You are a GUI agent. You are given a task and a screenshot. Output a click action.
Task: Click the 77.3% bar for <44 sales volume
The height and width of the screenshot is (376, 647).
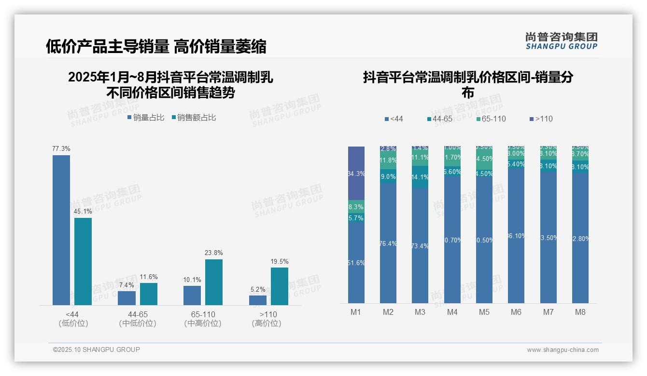pos(61,230)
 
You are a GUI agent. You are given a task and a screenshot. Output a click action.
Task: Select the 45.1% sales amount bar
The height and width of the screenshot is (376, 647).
pos(83,261)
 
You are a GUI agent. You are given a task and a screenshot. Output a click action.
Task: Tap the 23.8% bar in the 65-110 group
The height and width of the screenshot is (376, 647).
pos(214,282)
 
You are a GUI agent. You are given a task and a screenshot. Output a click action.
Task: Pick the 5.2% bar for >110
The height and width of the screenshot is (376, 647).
pos(258,300)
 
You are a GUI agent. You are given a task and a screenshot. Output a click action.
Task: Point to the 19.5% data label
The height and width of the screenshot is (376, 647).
pos(280,262)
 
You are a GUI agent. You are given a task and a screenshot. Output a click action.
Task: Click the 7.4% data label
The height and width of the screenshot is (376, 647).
pos(127,285)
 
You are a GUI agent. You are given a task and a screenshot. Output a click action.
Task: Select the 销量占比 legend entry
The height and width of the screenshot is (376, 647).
pos(146,118)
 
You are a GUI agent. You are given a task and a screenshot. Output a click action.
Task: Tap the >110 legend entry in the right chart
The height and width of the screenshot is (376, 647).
pos(540,119)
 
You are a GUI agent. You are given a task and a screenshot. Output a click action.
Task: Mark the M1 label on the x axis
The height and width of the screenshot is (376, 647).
pos(356,312)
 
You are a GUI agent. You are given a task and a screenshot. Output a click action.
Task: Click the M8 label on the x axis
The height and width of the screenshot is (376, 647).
pos(580,312)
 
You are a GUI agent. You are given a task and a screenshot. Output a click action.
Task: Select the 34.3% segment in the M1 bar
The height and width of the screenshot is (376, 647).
pos(356,173)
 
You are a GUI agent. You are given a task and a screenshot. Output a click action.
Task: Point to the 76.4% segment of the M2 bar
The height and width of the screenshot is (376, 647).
pos(388,243)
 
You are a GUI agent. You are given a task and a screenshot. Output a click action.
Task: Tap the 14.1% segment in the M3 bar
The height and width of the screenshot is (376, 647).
pos(420,177)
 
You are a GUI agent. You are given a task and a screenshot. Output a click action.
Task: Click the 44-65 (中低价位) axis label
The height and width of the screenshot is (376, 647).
pos(138,319)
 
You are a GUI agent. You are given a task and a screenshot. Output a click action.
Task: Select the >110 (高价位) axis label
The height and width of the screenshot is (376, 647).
pos(266,319)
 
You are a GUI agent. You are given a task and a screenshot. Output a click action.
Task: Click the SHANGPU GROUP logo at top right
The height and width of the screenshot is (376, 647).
pos(561,41)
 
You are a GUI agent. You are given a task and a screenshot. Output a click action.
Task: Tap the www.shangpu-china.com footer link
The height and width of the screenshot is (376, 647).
pos(563,350)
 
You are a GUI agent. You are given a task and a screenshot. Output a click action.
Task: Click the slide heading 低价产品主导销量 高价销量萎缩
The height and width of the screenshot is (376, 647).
pos(156,47)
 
